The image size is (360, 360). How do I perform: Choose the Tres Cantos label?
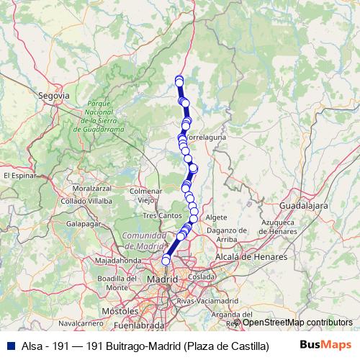click(x=162, y=215)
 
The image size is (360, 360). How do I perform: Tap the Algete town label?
click(x=216, y=217)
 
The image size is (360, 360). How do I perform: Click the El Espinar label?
click(x=19, y=175)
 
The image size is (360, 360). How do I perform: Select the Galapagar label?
click(x=82, y=224)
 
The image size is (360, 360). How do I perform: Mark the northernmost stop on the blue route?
click(x=179, y=79)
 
